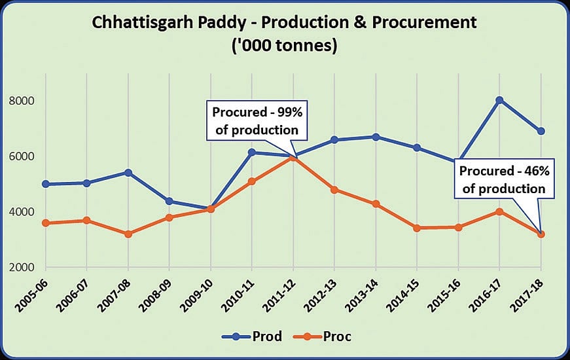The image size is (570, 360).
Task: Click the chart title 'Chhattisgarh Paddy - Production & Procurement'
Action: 285,24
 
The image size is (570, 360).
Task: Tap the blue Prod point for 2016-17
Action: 499,100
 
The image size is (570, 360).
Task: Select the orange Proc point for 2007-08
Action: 128,234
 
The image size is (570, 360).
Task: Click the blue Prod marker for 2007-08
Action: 128,173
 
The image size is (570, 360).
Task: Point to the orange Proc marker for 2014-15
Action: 417,228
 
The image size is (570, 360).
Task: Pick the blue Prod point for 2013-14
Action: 376,137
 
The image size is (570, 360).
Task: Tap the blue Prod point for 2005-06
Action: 46,184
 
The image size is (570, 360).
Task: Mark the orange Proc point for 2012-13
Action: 334,190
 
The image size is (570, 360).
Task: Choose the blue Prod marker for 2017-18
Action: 541,132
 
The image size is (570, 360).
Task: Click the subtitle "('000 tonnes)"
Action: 285,47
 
